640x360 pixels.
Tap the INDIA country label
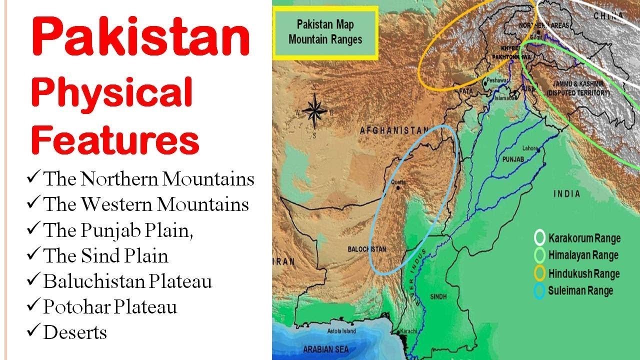click(566, 193)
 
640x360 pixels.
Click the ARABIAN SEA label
click(324, 349)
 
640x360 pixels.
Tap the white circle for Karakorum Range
click(540, 237)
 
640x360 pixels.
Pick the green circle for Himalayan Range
click(540, 255)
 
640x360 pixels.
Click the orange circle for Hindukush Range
click(540, 273)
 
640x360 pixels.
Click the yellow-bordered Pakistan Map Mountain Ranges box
click(325, 32)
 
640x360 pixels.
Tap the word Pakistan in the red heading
click(140, 37)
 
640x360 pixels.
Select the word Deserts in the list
click(75, 332)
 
